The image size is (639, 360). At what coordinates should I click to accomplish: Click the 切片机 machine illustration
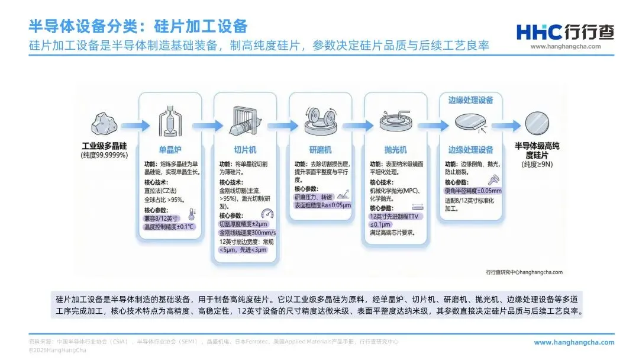pos(246,121)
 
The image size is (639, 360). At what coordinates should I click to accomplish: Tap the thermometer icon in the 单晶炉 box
pos(191,214)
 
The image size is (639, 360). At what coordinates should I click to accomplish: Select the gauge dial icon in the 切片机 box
pos(267,214)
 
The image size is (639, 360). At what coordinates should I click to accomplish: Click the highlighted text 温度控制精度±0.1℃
pos(169,226)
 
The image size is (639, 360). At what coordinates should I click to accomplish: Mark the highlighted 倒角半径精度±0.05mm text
pos(473,191)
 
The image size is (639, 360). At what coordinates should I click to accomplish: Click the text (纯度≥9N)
pos(538,163)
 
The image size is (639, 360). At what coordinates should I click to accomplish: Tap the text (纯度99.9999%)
pos(105,155)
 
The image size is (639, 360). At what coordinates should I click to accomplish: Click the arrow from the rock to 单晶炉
pos(128,126)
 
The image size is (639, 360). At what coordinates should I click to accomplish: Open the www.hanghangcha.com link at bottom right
pos(574,342)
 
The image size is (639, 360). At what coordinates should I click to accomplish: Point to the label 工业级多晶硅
pos(105,146)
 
